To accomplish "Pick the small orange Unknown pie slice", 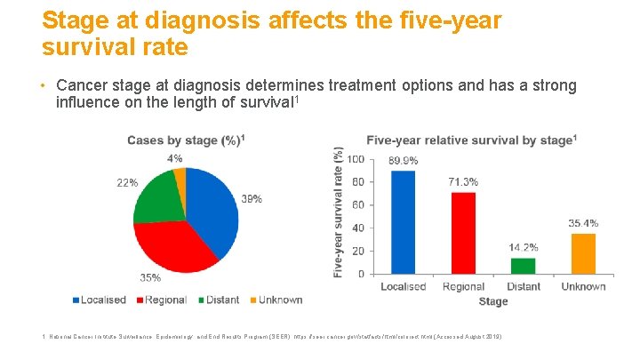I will coord(180,175).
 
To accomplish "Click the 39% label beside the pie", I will coord(252,199).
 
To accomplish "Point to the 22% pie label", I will coord(127,182).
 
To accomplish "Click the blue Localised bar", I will coord(403,222).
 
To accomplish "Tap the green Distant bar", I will coord(523,265).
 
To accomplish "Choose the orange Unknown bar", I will coord(583,253).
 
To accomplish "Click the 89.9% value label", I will coord(403,160).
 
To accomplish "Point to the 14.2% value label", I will coord(523,247).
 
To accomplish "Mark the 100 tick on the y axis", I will coord(355,159).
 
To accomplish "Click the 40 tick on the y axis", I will coord(357,228).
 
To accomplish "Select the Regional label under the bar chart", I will coord(463,286).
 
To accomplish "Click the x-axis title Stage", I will coord(493,301).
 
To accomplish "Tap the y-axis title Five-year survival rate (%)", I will coord(339,213).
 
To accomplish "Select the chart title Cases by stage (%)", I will coord(186,140).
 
